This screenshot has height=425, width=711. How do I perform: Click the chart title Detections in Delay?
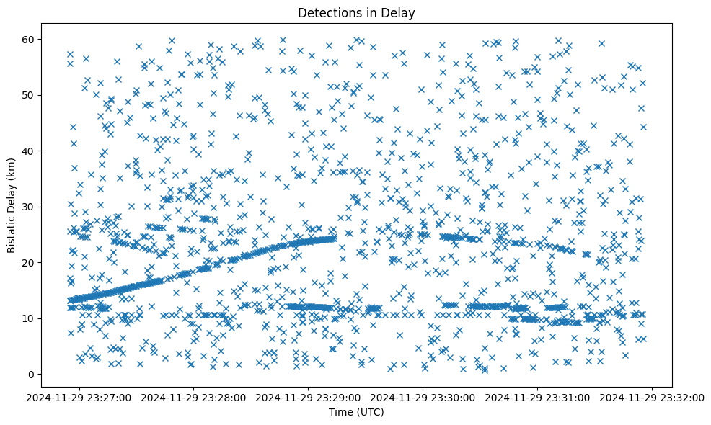pyautogui.click(x=356, y=12)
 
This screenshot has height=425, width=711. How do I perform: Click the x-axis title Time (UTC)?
pyautogui.click(x=356, y=412)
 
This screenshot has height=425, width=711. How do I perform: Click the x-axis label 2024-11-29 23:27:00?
pyautogui.click(x=80, y=397)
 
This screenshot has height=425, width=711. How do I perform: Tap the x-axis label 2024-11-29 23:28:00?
pyautogui.click(x=195, y=397)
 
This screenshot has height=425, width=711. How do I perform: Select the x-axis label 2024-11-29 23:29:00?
pyautogui.click(x=309, y=397)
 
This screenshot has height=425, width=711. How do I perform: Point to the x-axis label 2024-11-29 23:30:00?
pyautogui.click(x=424, y=397)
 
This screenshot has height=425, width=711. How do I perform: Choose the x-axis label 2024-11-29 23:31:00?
pyautogui.click(x=539, y=397)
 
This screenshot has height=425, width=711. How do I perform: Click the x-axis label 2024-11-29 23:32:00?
pyautogui.click(x=653, y=397)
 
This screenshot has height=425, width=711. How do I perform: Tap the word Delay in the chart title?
pyautogui.click(x=400, y=12)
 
